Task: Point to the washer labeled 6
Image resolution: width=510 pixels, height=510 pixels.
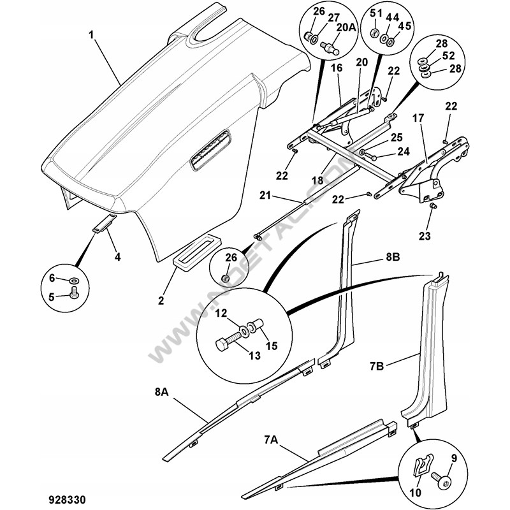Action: click(74, 280)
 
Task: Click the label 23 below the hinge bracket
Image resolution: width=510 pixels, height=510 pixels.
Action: click(425, 236)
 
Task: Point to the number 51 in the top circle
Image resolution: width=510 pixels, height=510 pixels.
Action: click(375, 13)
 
